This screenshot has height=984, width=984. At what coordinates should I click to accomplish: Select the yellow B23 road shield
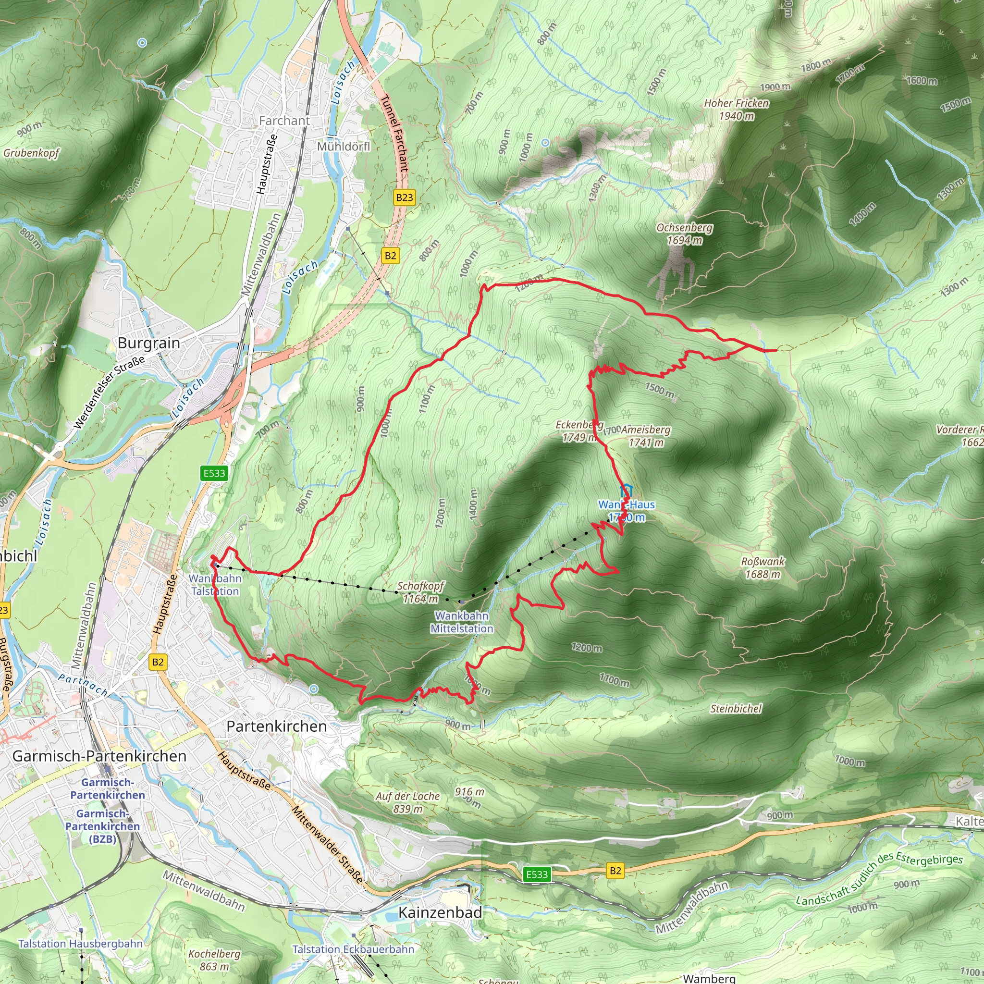pyautogui.click(x=405, y=197)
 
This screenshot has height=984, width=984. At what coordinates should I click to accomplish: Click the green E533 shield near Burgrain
pyautogui.click(x=214, y=473)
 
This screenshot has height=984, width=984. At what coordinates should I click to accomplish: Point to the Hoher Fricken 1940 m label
pyautogui.click(x=737, y=110)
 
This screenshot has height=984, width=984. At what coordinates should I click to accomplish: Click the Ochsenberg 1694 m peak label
pyautogui.click(x=685, y=234)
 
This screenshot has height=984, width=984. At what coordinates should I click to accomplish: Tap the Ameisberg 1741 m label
pyautogui.click(x=646, y=436)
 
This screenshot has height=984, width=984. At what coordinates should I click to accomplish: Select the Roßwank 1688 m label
pyautogui.click(x=763, y=568)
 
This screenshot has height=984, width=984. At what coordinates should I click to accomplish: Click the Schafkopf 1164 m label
pyautogui.click(x=420, y=592)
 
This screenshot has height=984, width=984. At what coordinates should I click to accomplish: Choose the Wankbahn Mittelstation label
pyautogui.click(x=462, y=622)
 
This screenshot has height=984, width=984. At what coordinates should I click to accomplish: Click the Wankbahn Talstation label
pyautogui.click(x=215, y=585)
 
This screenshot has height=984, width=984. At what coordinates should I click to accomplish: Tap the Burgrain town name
pyautogui.click(x=149, y=343)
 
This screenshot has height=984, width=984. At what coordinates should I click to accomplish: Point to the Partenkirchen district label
pyautogui.click(x=277, y=726)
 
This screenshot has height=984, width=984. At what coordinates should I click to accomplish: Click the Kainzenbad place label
pyautogui.click(x=440, y=912)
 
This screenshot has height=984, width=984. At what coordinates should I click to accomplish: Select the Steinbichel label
pyautogui.click(x=736, y=709)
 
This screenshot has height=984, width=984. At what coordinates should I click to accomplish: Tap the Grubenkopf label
pyautogui.click(x=32, y=153)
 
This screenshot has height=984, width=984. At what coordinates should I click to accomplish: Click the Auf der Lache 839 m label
pyautogui.click(x=408, y=802)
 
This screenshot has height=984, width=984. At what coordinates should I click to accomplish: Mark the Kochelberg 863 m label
pyautogui.click(x=214, y=959)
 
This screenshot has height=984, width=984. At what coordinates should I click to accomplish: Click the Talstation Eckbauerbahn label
pyautogui.click(x=353, y=949)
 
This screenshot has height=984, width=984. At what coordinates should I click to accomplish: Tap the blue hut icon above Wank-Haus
pyautogui.click(x=626, y=491)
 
